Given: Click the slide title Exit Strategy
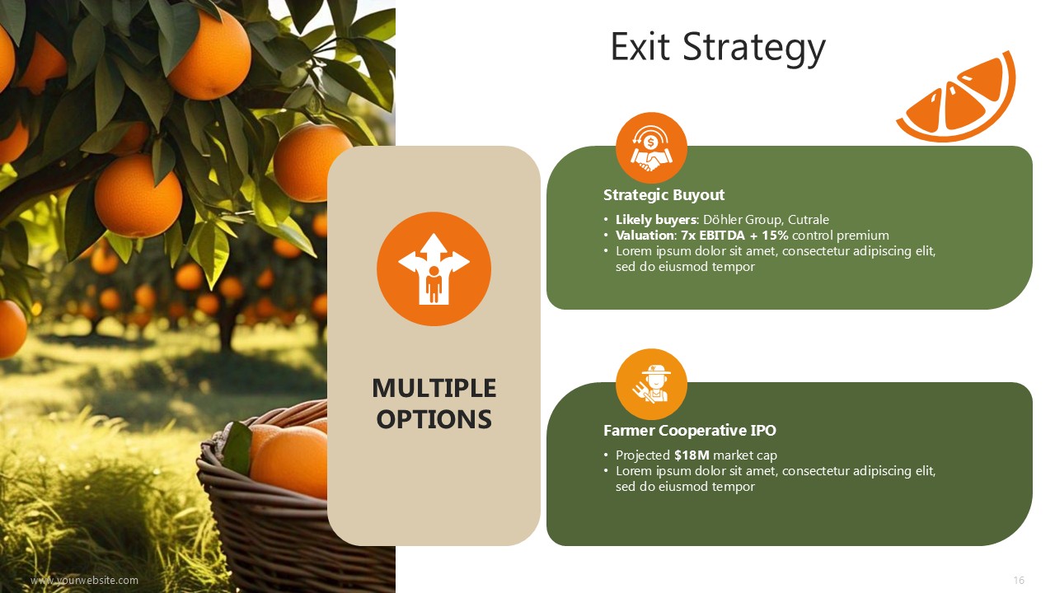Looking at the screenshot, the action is [718, 48].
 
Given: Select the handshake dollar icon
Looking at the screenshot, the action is [651, 147].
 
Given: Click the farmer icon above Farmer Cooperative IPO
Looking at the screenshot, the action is [651, 384].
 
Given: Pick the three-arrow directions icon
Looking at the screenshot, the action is [434, 268].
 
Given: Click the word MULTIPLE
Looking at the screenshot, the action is [434, 388].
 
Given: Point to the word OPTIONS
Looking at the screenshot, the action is [434, 419].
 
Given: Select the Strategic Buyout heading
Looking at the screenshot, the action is [663, 195].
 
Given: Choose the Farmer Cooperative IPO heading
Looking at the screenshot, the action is [690, 430].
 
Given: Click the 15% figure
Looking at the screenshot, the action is [775, 236].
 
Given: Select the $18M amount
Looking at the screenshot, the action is [692, 455].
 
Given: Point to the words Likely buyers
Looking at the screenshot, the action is [656, 220].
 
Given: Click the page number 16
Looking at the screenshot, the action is [1019, 581].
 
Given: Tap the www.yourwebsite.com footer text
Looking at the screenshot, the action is [84, 581].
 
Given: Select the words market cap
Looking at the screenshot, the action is [745, 455].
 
